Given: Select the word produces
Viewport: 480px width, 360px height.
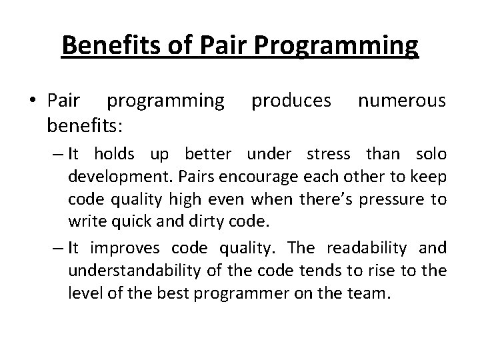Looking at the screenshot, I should tap(291, 101).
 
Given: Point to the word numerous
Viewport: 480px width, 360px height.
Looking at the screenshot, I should tap(401, 101).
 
